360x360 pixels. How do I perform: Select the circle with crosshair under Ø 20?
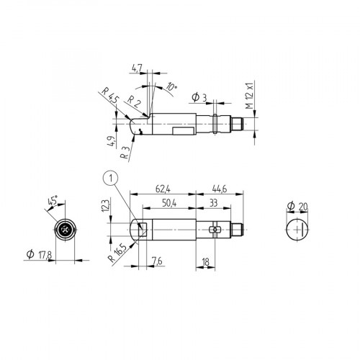(297, 230)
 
